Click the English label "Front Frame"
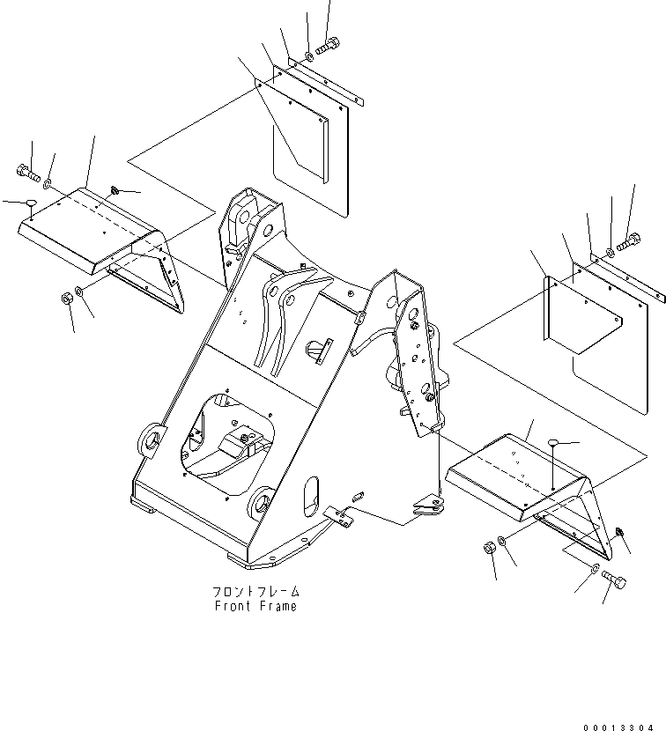(x=255, y=606)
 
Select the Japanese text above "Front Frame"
(x=255, y=591)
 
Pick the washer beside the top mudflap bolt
(x=307, y=56)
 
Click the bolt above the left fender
(x=28, y=172)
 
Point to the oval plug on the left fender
(x=32, y=203)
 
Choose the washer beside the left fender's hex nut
(x=81, y=292)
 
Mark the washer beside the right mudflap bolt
(x=610, y=254)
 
